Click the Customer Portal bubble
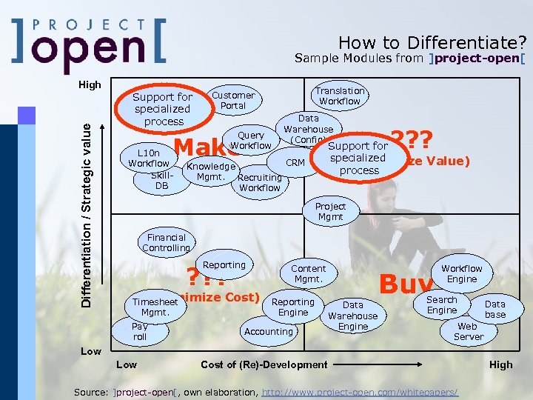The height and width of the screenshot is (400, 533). click(233, 100)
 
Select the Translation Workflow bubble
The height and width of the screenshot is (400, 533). click(340, 96)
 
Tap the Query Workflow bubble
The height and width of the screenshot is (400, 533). click(251, 141)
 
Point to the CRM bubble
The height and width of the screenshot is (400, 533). click(295, 162)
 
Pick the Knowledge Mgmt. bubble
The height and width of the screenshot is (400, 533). click(210, 171)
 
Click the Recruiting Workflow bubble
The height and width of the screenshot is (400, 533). click(260, 182)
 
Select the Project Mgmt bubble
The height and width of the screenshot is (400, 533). click(330, 212)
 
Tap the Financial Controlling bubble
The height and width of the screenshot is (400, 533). click(166, 243)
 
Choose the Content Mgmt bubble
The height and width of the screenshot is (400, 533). click(307, 273)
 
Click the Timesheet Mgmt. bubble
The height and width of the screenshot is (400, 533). click(155, 307)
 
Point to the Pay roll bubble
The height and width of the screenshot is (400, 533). click(140, 331)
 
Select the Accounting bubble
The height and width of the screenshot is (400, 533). click(268, 331)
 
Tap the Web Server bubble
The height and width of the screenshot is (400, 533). click(468, 331)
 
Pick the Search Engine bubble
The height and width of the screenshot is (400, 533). click(441, 304)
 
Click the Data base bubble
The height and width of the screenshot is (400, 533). click(495, 309)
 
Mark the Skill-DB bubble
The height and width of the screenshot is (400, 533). click(161, 180)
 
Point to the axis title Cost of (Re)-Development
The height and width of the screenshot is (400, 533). click(264, 364)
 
